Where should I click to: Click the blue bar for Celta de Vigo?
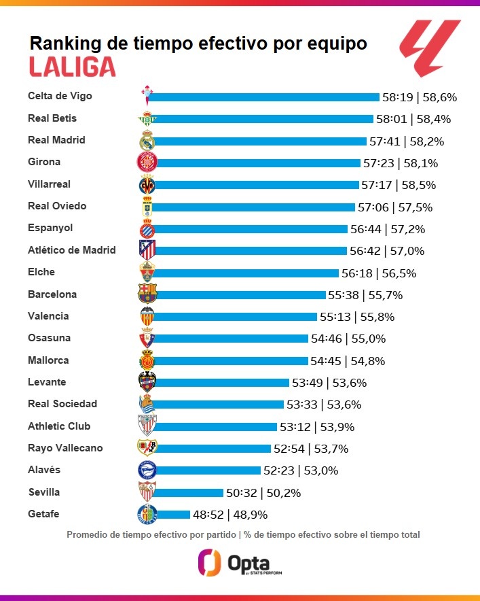click(265, 97)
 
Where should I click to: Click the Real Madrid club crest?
click(147, 141)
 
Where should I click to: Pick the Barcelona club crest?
click(147, 294)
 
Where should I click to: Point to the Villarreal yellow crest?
click(147, 184)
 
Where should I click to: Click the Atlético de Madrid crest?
click(147, 250)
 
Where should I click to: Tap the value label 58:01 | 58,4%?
click(414, 119)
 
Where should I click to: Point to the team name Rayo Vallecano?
click(65, 448)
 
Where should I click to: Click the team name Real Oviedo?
click(57, 206)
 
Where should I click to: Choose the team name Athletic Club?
click(59, 426)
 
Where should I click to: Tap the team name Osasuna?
click(49, 338)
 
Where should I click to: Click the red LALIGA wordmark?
click(72, 67)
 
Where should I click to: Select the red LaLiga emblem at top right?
click(430, 48)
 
